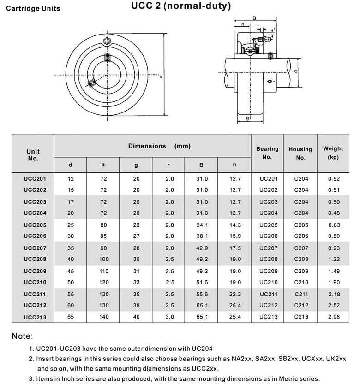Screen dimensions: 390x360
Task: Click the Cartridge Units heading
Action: point(33,8)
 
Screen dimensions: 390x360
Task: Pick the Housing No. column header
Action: point(300,153)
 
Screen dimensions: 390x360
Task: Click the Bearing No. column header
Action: point(267,153)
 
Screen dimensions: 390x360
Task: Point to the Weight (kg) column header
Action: point(333,153)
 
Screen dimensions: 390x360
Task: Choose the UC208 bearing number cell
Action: point(268,260)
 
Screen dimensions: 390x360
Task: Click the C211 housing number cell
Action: point(300,294)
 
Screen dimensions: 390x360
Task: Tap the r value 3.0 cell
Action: point(169,317)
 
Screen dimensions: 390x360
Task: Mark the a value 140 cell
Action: point(103,317)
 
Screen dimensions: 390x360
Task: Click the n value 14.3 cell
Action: point(235,225)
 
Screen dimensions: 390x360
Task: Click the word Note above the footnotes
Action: point(22,337)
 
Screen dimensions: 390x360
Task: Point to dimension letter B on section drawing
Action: point(254,18)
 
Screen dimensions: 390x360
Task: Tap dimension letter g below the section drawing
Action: point(247,118)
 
